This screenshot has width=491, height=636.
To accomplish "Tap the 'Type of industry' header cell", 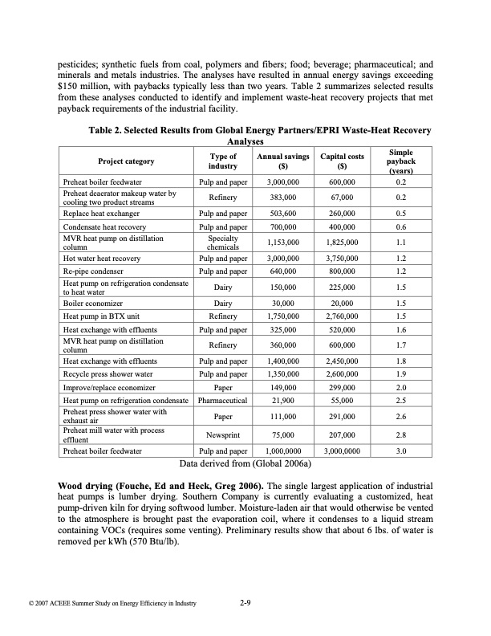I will coord(222,161).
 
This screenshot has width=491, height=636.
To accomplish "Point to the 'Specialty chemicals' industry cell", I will coord(222,242).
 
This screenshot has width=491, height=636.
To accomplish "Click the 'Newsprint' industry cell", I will coord(222,436).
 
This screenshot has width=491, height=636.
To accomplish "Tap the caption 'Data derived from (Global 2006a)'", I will coord(245,463).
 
